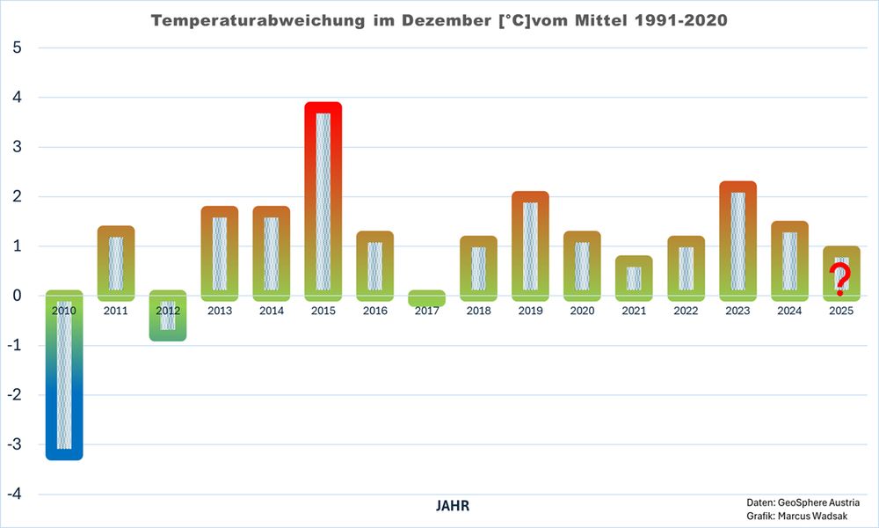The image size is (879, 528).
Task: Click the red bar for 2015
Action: coord(323,198)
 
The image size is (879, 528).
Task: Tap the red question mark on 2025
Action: coord(841,280)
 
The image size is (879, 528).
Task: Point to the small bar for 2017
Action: coord(427,298)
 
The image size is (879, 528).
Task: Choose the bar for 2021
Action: coord(635,277)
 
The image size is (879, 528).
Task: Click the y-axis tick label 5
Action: coord(17,48)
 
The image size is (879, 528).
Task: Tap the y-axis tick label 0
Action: coord(17,296)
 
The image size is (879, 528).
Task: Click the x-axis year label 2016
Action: coord(375,311)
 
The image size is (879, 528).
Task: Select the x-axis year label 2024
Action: coord(790,311)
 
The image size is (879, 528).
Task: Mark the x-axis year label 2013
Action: coord(220,311)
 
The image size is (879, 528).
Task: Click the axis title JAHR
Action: coord(452,506)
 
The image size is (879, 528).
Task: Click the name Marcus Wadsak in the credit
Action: coord(825,515)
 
